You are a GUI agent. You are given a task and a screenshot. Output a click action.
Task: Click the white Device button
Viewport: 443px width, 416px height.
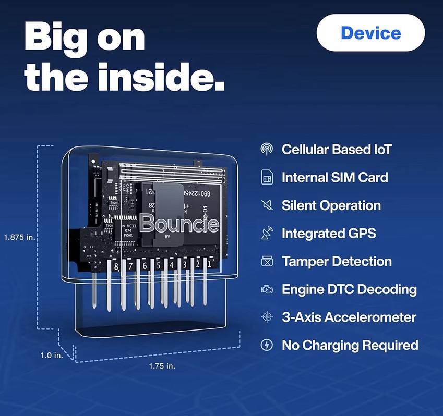point(370,33)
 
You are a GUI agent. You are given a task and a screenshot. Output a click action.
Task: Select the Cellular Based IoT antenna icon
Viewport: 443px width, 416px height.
point(267,150)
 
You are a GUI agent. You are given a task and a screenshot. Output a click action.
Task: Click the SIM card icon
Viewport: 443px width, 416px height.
point(267,178)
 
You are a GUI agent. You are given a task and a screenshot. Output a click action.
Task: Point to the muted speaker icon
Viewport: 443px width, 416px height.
point(267,205)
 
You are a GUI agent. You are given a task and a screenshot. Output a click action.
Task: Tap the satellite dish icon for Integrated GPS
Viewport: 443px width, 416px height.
point(267,234)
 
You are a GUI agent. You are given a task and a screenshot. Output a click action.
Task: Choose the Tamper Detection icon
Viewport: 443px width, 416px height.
point(267,261)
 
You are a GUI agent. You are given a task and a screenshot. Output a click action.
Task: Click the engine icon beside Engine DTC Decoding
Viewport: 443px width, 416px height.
point(267,289)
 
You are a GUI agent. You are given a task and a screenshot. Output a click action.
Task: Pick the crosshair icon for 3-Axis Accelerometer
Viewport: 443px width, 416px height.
point(267,317)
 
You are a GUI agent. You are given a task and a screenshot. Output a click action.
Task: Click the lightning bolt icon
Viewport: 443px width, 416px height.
point(267,345)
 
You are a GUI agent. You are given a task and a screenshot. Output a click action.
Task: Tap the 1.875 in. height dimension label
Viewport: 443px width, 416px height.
point(19,237)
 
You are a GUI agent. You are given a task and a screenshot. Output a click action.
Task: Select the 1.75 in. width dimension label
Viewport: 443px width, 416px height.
point(162,366)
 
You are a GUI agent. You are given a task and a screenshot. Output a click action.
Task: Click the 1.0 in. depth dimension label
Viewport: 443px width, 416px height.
point(52,355)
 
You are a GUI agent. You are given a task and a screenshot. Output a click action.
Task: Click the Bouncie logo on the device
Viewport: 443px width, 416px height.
point(179,224)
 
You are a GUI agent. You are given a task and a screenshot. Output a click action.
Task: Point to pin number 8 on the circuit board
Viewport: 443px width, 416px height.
point(116,266)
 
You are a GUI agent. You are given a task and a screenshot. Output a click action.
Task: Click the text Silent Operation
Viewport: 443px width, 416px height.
point(331,205)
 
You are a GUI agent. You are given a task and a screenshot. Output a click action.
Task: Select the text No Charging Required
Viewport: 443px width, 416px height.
point(350,345)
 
